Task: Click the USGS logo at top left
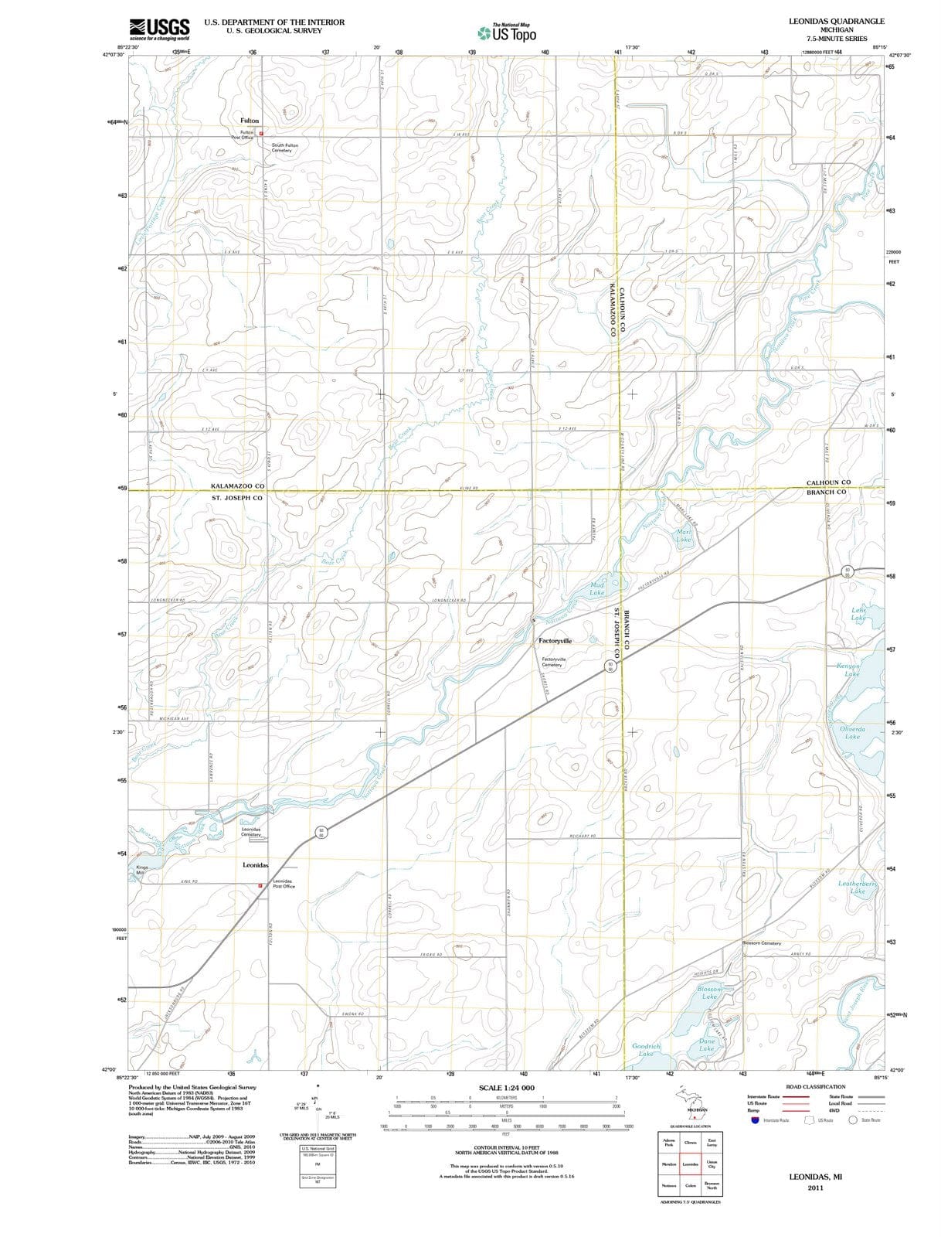(x=160, y=29)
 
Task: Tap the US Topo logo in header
(x=507, y=33)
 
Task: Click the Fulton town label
(x=250, y=121)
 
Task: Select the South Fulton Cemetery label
(x=284, y=148)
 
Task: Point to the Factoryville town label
(x=555, y=641)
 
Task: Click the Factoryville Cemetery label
(x=553, y=663)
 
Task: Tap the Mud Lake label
(x=596, y=589)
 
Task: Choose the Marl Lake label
(x=684, y=536)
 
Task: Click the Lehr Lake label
(x=858, y=614)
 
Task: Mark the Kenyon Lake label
(x=852, y=670)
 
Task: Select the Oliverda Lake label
(x=852, y=732)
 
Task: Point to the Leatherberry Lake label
(x=858, y=887)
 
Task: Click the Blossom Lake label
(x=709, y=993)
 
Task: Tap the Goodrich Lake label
(x=646, y=1049)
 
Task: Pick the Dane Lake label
(x=706, y=1044)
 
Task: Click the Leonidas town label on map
(x=256, y=865)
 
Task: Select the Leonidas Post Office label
(x=283, y=884)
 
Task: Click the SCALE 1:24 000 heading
(x=506, y=1088)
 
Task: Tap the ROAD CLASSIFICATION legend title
(x=815, y=1087)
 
